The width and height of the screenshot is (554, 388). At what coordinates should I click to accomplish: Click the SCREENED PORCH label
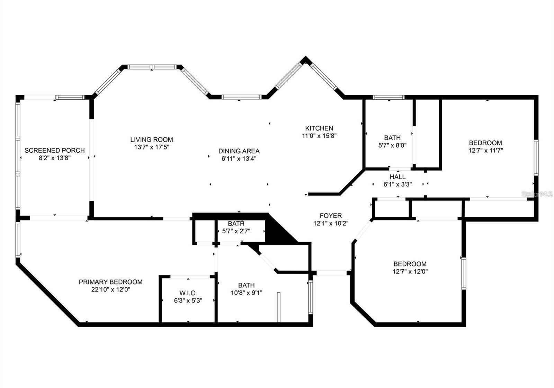(x=54, y=150)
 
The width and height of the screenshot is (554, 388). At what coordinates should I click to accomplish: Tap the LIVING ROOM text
(x=151, y=139)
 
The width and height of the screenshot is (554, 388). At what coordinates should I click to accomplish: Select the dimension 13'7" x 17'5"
(x=151, y=147)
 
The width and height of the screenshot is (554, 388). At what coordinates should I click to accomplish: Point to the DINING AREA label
(x=239, y=151)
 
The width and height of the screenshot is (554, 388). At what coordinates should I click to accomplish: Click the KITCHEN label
(x=319, y=128)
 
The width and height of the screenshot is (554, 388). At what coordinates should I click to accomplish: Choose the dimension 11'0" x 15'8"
(x=319, y=136)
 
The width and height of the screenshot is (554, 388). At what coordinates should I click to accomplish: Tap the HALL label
(x=397, y=177)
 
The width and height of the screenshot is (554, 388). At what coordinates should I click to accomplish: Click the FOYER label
(x=330, y=216)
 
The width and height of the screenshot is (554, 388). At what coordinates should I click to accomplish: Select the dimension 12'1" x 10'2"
(x=330, y=223)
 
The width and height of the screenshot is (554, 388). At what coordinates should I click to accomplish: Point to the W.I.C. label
(x=188, y=293)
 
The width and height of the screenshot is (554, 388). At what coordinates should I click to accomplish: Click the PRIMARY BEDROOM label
(x=110, y=282)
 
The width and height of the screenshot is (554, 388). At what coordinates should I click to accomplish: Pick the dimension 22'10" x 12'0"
(x=110, y=289)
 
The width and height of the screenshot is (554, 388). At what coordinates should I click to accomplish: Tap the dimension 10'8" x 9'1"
(x=246, y=293)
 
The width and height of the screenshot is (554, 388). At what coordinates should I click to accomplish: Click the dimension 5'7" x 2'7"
(x=236, y=231)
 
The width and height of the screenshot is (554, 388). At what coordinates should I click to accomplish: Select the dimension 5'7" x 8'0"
(x=392, y=145)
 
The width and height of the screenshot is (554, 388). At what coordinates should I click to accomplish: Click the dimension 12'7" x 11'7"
(x=485, y=150)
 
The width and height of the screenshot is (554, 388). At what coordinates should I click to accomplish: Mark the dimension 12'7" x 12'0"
(x=410, y=271)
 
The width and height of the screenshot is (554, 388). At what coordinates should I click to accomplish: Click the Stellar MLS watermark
(x=537, y=194)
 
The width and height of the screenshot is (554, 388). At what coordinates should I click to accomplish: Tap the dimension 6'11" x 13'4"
(x=239, y=159)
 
